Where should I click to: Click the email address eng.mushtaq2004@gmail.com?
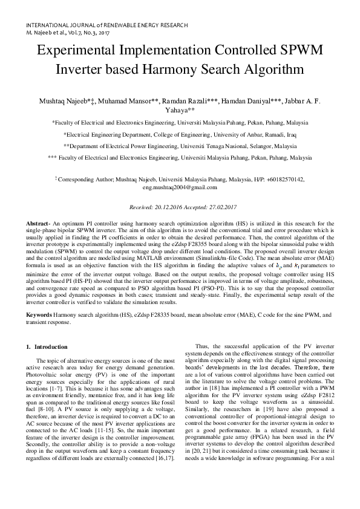(179, 188)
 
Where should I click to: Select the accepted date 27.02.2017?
(217, 207)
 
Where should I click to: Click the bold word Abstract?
(37, 224)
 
